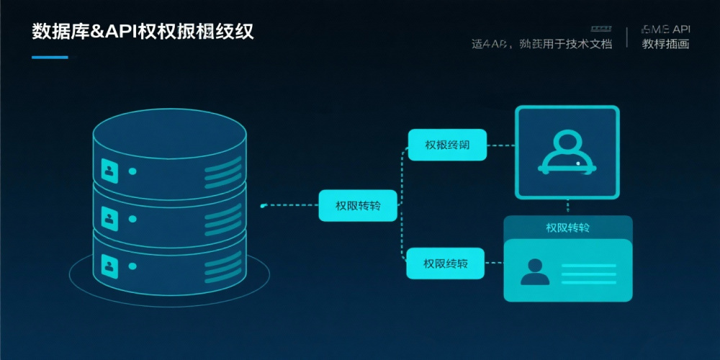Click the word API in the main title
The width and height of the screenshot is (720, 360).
[x=123, y=32]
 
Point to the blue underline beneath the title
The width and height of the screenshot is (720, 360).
[x=50, y=57]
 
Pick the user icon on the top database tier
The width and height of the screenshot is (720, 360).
[x=109, y=171]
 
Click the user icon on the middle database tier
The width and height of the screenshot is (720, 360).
[x=109, y=217]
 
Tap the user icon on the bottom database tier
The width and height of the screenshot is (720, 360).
[x=109, y=266]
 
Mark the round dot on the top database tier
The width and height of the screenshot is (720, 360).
[x=132, y=171]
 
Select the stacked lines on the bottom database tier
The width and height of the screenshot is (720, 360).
[x=222, y=268]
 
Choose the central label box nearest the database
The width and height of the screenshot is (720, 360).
[x=358, y=206]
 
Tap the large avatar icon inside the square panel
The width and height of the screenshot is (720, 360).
[x=567, y=152]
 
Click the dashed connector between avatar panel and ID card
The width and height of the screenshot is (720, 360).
[x=567, y=207]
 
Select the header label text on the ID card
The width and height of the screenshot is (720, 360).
[x=567, y=228]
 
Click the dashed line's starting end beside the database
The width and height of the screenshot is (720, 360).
[x=264, y=206]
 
